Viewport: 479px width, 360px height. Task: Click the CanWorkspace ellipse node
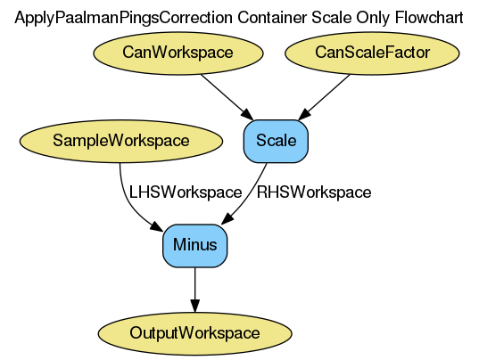coord(178,53)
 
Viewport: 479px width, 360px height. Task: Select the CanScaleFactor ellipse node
coord(372,53)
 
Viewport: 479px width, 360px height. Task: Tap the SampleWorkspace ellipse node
coord(120,141)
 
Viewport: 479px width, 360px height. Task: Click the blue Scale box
coord(276,141)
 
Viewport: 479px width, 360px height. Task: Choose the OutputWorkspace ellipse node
coord(195,333)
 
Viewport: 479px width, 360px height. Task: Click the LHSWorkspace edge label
coord(186,192)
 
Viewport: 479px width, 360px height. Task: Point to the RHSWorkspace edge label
coord(314,192)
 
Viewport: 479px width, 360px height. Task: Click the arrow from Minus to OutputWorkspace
coord(195,290)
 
